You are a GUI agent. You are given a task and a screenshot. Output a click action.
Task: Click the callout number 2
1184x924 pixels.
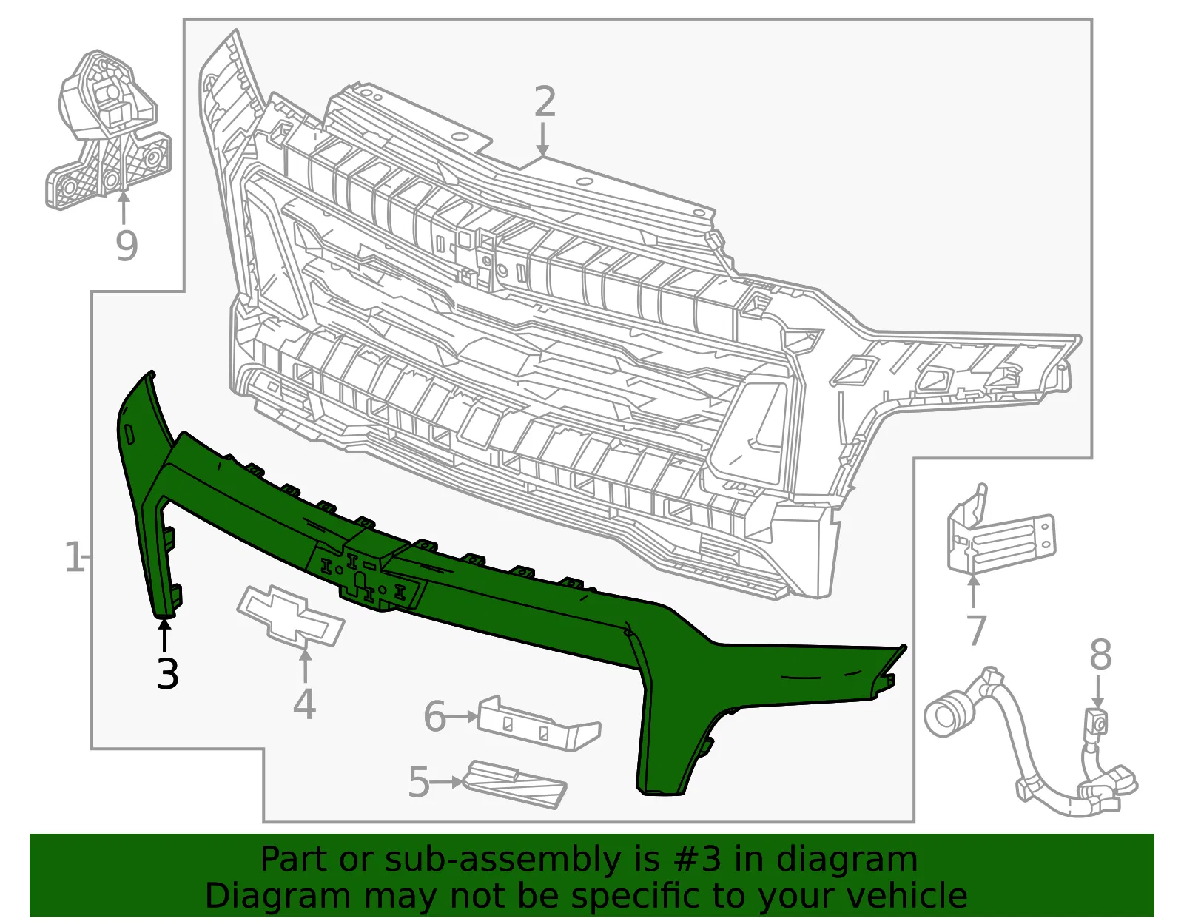pyautogui.click(x=545, y=101)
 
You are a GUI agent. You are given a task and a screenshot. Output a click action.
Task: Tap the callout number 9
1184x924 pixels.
pyautogui.click(x=127, y=246)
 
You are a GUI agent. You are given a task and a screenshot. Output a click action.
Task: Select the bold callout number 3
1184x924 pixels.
pyautogui.click(x=167, y=673)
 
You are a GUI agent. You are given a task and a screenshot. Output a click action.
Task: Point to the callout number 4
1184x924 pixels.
pyautogui.click(x=305, y=704)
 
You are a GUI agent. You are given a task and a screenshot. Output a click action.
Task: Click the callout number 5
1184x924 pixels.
pyautogui.click(x=419, y=783)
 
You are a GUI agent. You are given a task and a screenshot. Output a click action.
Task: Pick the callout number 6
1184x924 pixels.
pyautogui.click(x=435, y=717)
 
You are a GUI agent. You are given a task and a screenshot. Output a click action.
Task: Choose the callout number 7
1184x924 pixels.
pyautogui.click(x=975, y=630)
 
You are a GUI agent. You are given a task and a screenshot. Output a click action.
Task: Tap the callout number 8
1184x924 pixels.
pyautogui.click(x=1100, y=655)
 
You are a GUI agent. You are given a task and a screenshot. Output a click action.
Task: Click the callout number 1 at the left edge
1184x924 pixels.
pyautogui.click(x=75, y=556)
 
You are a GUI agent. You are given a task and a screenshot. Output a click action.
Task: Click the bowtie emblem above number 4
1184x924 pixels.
pyautogui.click(x=290, y=616)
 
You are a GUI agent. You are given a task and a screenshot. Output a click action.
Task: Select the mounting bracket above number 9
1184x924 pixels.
pyautogui.click(x=107, y=129)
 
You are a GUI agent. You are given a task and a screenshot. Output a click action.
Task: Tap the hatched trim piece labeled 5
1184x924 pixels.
pyautogui.click(x=514, y=785)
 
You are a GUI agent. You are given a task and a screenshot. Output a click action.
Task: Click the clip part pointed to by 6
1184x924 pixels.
pyautogui.click(x=538, y=723)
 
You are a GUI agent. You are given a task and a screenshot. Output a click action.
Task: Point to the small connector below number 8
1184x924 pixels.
pyautogui.click(x=1097, y=724)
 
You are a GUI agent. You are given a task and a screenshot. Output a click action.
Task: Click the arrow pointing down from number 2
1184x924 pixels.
pyautogui.click(x=542, y=139)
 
